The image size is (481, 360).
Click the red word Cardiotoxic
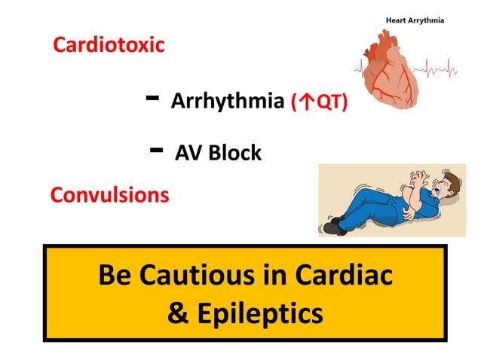pos(109,44)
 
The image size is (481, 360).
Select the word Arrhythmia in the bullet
pos(228,101)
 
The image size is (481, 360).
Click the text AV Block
pos(218,153)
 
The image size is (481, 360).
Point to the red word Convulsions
pos(109,195)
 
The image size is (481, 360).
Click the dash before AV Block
pos(158,149)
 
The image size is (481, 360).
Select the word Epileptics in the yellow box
pos(260,313)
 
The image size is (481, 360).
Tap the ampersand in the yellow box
pos(178,313)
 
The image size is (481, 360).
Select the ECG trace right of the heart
pos(445,72)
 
